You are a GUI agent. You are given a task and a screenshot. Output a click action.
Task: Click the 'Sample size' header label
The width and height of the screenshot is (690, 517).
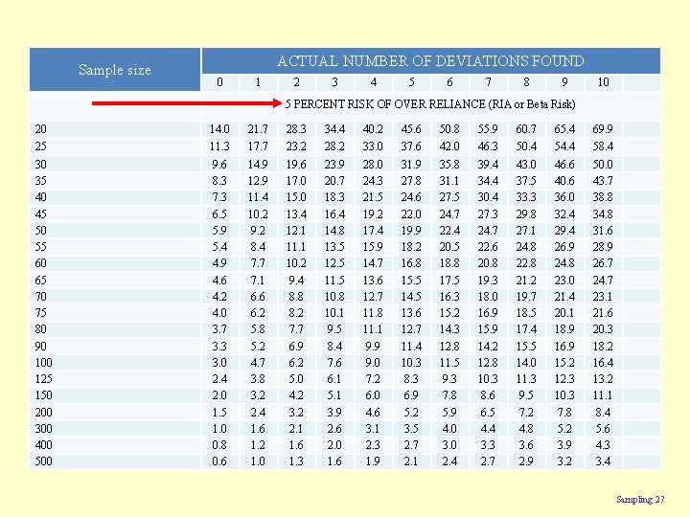(114, 69)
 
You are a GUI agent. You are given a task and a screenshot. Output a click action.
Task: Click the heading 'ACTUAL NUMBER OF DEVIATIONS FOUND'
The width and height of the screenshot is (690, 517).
(430, 60)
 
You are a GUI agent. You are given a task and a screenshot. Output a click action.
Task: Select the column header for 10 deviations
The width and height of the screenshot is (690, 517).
(603, 82)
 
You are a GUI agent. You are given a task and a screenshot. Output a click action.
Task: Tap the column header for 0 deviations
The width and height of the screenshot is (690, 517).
(219, 82)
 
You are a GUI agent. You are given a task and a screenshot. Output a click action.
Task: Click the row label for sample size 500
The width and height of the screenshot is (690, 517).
(43, 461)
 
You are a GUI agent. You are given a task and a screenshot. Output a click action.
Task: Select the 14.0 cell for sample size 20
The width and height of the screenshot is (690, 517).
(219, 128)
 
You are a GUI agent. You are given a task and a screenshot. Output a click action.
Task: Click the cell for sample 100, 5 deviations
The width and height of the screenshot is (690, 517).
(411, 362)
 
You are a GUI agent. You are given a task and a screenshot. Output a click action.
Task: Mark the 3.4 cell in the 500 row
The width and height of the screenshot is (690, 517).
(603, 461)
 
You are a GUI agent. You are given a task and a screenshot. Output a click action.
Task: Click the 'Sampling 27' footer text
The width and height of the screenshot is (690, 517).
(638, 499)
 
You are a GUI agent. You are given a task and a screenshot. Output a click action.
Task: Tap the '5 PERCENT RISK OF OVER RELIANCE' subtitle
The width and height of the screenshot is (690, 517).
(430, 103)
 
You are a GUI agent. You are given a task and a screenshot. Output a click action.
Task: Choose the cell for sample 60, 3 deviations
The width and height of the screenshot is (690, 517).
(334, 262)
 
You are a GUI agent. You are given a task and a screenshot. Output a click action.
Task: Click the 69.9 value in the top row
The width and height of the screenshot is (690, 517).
(603, 128)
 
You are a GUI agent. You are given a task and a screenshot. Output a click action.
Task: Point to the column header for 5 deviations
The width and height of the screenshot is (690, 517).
(411, 82)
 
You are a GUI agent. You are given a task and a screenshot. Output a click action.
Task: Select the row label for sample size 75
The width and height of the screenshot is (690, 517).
(40, 312)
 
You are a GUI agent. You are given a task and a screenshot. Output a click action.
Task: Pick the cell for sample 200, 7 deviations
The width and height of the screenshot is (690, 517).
(488, 412)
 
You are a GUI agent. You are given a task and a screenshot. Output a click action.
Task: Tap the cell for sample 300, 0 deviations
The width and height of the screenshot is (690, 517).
(219, 428)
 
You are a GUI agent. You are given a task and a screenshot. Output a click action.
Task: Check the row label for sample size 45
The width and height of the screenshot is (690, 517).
(40, 213)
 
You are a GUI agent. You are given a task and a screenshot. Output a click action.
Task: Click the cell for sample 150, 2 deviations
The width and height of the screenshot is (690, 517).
(296, 394)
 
